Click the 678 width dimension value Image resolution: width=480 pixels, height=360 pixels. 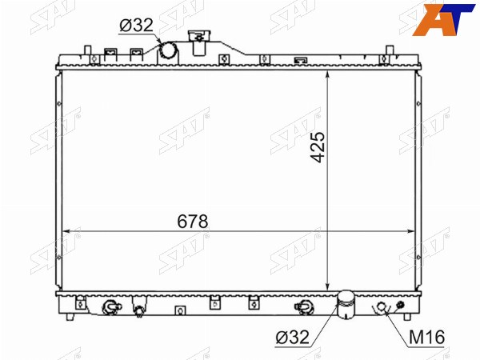click(193, 222)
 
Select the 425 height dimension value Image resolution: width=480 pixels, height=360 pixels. click(317, 147)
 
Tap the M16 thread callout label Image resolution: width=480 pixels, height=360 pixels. click(426, 337)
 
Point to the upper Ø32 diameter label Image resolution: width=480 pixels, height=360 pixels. click(136, 25)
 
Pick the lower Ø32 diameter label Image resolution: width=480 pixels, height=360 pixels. click(292, 337)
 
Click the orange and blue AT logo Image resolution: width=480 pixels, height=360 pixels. click(444, 19)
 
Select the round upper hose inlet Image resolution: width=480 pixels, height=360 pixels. click(169, 50)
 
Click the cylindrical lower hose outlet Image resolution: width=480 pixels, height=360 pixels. click(346, 305)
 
